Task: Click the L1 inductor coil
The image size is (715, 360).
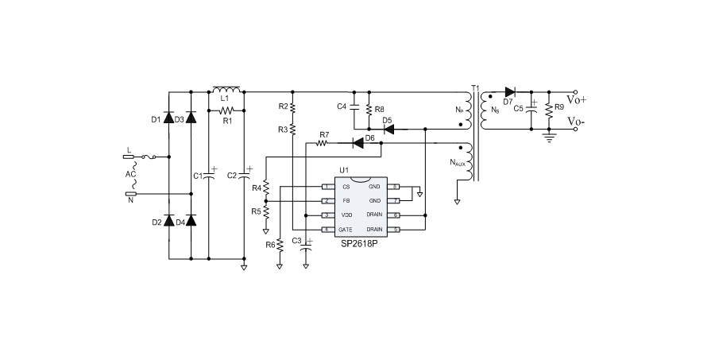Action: tap(227, 89)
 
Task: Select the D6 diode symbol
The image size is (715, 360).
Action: tap(358, 142)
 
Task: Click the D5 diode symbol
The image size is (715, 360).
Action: tap(388, 127)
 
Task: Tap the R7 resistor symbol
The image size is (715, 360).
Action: tap(323, 143)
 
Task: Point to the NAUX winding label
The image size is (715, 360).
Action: tap(458, 164)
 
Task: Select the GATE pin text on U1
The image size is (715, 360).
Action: tap(346, 230)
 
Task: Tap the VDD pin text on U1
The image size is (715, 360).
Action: tap(345, 215)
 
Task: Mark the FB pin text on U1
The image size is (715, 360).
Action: tap(345, 201)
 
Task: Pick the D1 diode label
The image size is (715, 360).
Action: tap(156, 120)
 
